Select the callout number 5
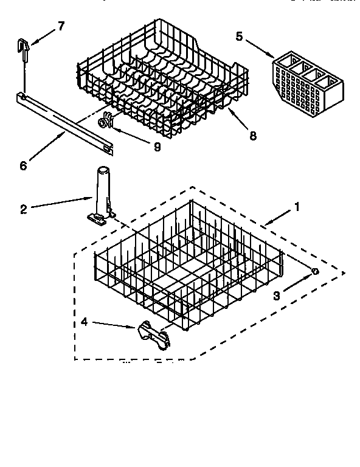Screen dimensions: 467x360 coord(239,36)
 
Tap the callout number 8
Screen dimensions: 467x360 coord(252,136)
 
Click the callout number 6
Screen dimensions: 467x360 coord(24,165)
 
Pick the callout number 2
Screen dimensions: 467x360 coord(23,209)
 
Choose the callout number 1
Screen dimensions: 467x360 coord(297,207)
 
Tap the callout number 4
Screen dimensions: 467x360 coord(85,321)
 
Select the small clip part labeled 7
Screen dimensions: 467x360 coord(23,47)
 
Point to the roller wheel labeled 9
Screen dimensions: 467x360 coord(107,122)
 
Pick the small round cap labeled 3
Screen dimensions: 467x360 coord(314,271)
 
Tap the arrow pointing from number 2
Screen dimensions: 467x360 coord(61,203)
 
